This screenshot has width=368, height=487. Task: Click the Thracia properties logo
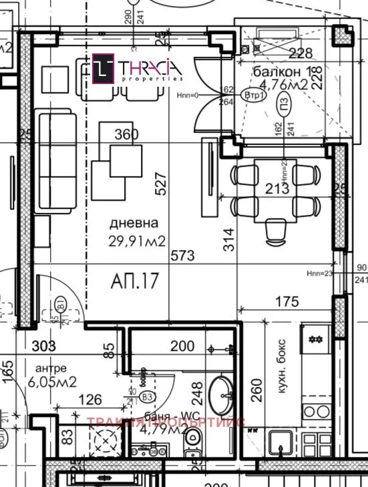(138, 69)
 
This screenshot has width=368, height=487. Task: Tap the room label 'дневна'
(135, 224)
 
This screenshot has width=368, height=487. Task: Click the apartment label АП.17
(135, 281)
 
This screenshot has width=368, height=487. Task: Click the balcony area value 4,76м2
(283, 85)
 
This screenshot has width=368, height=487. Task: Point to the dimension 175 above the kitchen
(287, 302)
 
